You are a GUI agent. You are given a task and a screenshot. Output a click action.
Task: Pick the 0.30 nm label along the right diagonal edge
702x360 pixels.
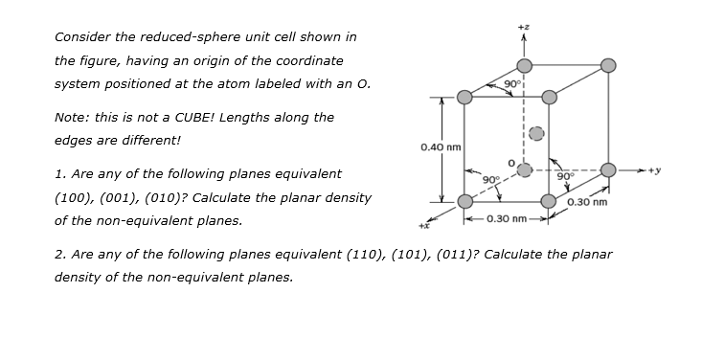pyautogui.click(x=587, y=203)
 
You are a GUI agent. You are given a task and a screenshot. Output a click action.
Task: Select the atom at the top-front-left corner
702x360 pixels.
pyautogui.click(x=464, y=97)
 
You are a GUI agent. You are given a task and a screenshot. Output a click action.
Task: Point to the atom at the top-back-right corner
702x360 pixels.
pyautogui.click(x=607, y=65)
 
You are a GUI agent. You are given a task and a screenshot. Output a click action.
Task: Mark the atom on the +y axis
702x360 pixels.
pyautogui.click(x=607, y=169)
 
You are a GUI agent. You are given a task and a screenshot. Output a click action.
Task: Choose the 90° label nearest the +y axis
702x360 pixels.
pyautogui.click(x=566, y=176)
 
